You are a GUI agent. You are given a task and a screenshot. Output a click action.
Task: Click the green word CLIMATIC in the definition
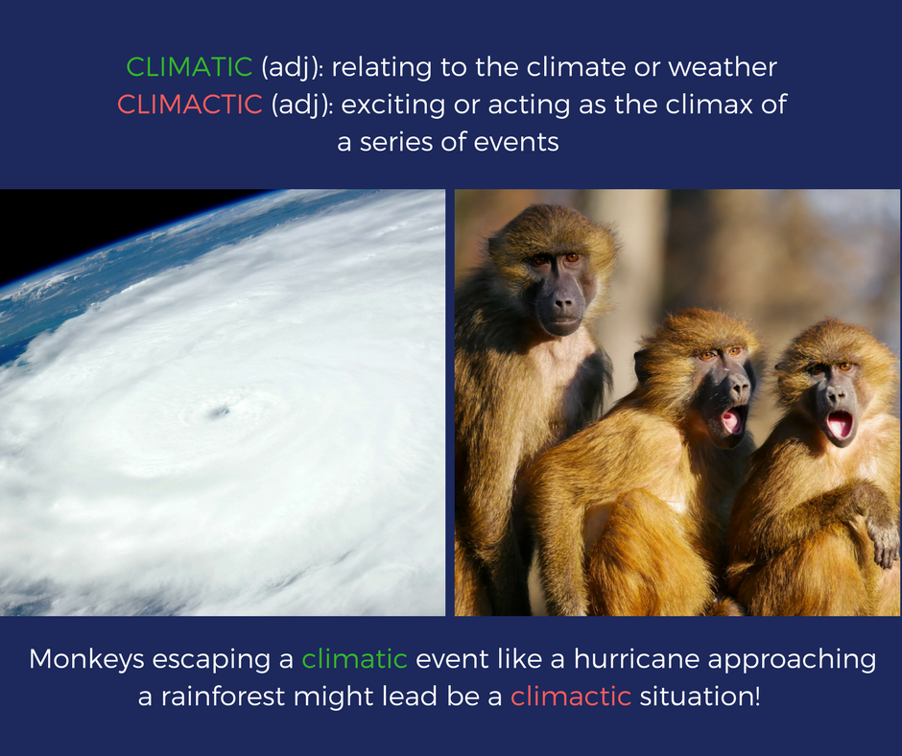click(189, 67)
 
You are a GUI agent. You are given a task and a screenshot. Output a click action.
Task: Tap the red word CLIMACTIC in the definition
click(190, 105)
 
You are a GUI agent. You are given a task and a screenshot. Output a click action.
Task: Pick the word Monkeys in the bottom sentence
click(86, 659)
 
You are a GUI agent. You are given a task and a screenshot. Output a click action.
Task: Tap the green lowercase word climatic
click(354, 659)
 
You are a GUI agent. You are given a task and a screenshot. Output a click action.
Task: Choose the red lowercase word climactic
click(571, 697)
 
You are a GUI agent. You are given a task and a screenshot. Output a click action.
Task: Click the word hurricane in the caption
click(637, 659)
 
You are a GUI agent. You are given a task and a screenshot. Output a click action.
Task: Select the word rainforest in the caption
click(223, 697)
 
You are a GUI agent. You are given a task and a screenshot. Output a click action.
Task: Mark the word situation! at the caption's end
click(700, 697)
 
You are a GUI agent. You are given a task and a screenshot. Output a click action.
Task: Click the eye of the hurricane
click(219, 411)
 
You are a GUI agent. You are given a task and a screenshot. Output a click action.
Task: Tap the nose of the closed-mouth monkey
click(562, 301)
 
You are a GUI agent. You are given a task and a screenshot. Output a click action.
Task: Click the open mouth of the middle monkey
click(732, 420)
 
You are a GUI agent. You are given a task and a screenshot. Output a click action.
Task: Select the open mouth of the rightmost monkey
click(840, 425)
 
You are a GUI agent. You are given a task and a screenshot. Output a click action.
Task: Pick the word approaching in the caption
click(792, 659)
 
